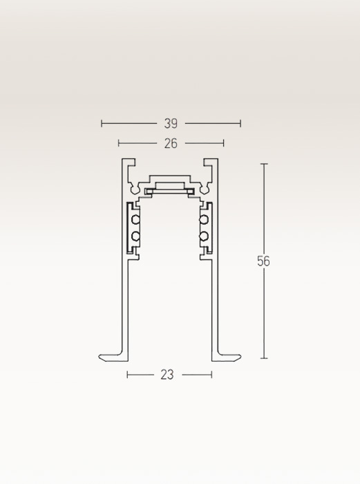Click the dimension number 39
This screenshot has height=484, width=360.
171,124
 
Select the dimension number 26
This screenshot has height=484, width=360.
171,144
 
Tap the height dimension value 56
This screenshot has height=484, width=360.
263,261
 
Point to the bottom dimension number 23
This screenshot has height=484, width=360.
167,375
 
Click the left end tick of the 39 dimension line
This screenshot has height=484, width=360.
102,124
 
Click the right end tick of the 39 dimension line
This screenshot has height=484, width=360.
240,124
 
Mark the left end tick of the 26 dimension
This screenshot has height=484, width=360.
119,143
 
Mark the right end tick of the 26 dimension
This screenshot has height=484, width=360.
224,143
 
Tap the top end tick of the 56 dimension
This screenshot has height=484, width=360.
264,164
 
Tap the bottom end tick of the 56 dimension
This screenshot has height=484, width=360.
264,358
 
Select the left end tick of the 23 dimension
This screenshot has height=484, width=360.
128,375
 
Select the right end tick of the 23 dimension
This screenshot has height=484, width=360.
211,375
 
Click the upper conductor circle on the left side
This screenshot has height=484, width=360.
136,220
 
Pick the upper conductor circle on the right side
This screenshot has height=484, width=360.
204,220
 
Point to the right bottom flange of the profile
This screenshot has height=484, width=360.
227,357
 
